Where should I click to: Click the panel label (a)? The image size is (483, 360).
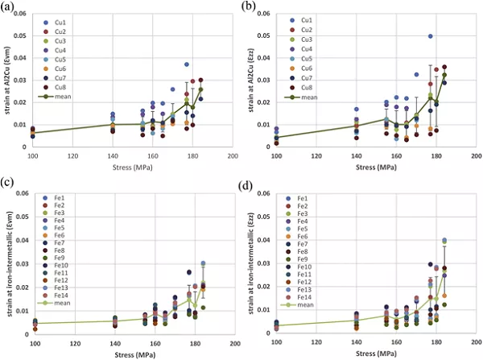(10, 7)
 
